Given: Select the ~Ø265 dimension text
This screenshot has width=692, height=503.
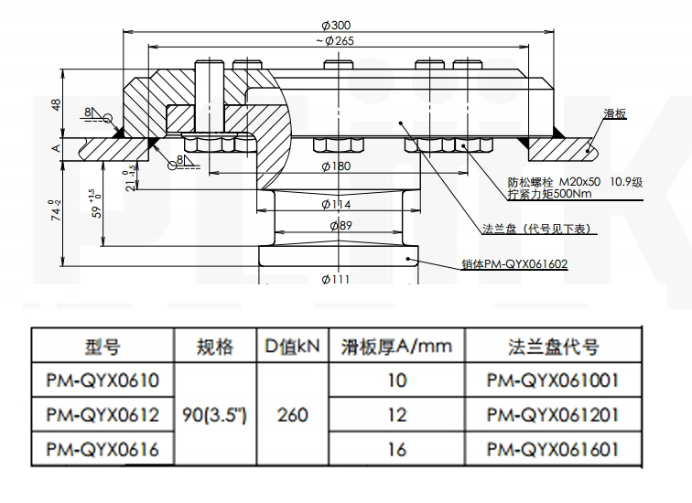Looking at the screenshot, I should pos(335,40).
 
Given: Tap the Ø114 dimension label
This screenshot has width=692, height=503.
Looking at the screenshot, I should pos(339,203).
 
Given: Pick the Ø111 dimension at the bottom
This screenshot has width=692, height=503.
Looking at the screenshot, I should pos(336,280).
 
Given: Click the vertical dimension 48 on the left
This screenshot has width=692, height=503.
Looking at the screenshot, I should pos(57,105).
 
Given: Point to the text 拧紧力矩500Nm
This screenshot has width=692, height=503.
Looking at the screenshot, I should pos(549,195).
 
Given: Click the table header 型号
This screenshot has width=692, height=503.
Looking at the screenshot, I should pos(103,348).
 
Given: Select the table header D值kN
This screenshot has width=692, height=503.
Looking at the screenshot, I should pos(292,348).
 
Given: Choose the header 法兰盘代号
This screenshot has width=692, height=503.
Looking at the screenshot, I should pos(553,348).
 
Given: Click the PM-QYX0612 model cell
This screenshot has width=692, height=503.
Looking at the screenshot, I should pos(103,414).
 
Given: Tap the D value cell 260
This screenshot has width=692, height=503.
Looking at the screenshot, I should pos(292,414).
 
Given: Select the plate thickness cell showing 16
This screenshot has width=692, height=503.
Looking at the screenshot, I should pos(395,448).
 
